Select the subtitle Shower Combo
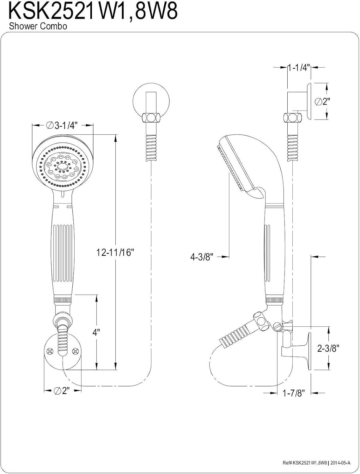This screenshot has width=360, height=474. tap(38, 26)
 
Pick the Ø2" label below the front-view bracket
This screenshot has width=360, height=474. tap(62, 391)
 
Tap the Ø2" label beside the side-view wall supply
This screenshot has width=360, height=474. tap(323, 101)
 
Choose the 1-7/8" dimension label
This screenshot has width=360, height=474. tap(293, 393)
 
